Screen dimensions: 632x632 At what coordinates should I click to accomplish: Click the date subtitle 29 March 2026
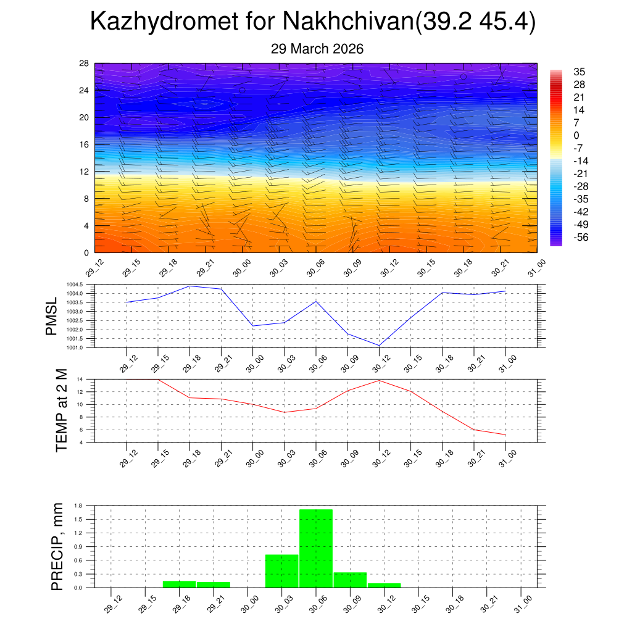click(317, 49)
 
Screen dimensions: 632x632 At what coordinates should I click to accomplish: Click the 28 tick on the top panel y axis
click(84, 64)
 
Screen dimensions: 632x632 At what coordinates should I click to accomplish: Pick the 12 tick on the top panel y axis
click(84, 172)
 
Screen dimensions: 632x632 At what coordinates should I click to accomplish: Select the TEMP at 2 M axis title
click(61, 411)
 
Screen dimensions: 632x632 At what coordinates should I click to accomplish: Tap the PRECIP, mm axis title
click(58, 547)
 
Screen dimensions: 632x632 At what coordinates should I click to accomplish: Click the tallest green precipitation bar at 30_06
click(316, 548)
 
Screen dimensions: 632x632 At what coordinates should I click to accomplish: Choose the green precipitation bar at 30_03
click(282, 571)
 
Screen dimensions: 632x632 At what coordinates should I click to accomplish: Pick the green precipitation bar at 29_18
click(180, 584)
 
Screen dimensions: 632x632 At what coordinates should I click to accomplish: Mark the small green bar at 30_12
click(384, 585)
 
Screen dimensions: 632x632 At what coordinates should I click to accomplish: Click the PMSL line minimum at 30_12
click(380, 345)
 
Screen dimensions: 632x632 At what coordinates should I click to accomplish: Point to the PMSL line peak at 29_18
click(189, 286)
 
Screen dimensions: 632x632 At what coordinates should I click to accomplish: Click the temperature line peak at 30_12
click(380, 380)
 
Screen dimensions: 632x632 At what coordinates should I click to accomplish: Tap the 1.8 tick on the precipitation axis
click(78, 505)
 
